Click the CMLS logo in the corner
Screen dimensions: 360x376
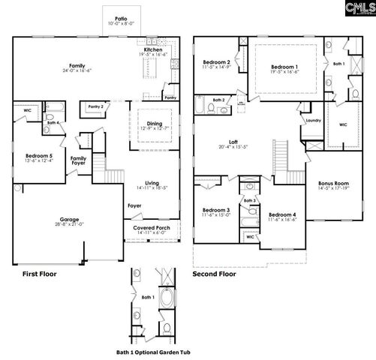pos(356,8)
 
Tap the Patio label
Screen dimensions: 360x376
pos(120,17)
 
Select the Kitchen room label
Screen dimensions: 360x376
pos(152,49)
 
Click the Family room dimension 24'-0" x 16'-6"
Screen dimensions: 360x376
pos(75,72)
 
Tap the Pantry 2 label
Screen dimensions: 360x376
pos(95,107)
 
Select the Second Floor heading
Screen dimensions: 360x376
pos(213,274)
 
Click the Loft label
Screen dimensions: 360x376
pos(233,142)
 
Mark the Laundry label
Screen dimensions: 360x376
pos(313,120)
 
